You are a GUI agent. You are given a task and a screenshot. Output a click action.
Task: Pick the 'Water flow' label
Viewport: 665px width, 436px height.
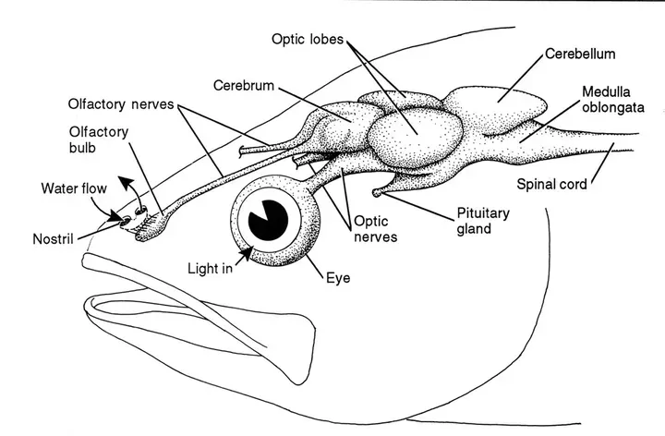(75, 188)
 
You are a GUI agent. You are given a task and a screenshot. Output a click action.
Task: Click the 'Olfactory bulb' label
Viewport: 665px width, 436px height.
(98, 139)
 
